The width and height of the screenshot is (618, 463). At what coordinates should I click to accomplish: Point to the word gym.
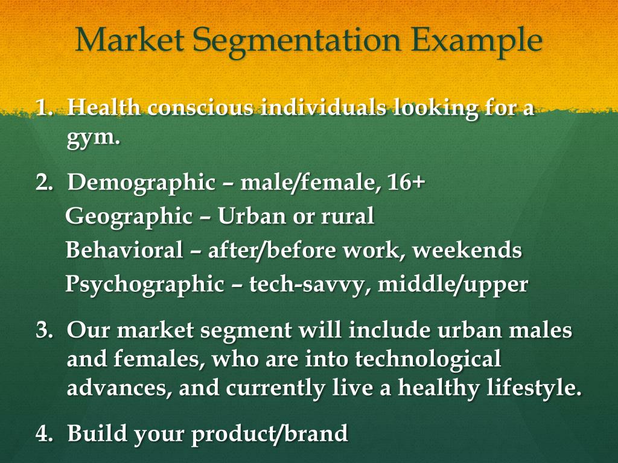point(93,137)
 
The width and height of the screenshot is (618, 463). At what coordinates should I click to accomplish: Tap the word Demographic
point(141,182)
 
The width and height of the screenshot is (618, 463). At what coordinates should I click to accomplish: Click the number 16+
point(406,182)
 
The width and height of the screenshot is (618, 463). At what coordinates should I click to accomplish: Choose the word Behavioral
point(124,250)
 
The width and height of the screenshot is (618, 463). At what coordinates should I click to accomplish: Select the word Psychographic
point(144,284)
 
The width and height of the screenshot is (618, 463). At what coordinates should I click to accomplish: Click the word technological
point(428,359)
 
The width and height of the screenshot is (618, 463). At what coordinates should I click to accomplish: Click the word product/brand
point(270,433)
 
